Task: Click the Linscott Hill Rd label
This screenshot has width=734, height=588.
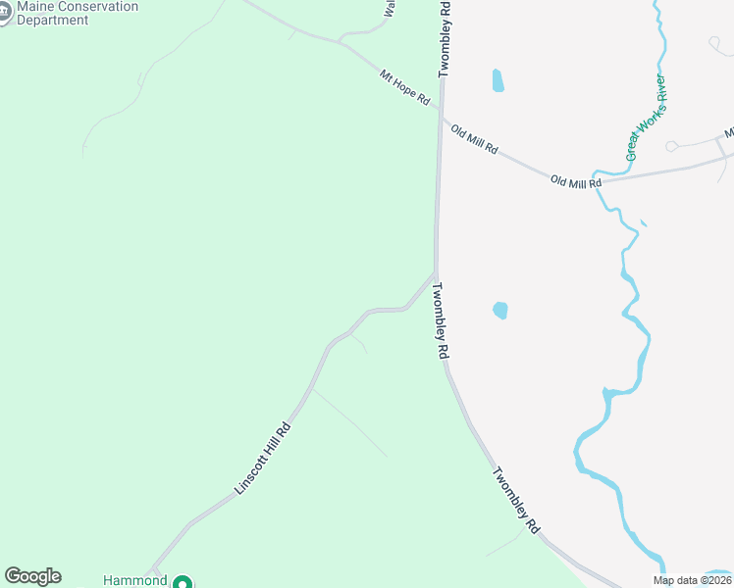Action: pos(263,458)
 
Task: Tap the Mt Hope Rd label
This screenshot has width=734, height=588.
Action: pos(405,86)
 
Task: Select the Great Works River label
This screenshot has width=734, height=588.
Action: pos(646,118)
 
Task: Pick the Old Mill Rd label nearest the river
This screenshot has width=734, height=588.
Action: pos(575,182)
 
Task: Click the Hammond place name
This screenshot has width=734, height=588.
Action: pos(135,580)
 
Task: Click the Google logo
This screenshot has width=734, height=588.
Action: pos(32,576)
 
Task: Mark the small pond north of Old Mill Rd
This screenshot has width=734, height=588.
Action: pos(498,80)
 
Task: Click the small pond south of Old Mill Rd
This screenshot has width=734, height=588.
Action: pos(500,311)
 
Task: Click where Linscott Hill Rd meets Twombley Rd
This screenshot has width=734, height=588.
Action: pos(435,273)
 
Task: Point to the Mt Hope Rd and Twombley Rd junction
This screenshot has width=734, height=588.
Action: pos(441,111)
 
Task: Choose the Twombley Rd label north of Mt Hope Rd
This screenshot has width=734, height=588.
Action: pos(445,39)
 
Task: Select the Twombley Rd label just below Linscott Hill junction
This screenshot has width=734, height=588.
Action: pos(442,319)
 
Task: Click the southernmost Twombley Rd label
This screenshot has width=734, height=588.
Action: pos(516,500)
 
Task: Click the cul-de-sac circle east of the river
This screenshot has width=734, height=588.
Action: pos(671,147)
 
